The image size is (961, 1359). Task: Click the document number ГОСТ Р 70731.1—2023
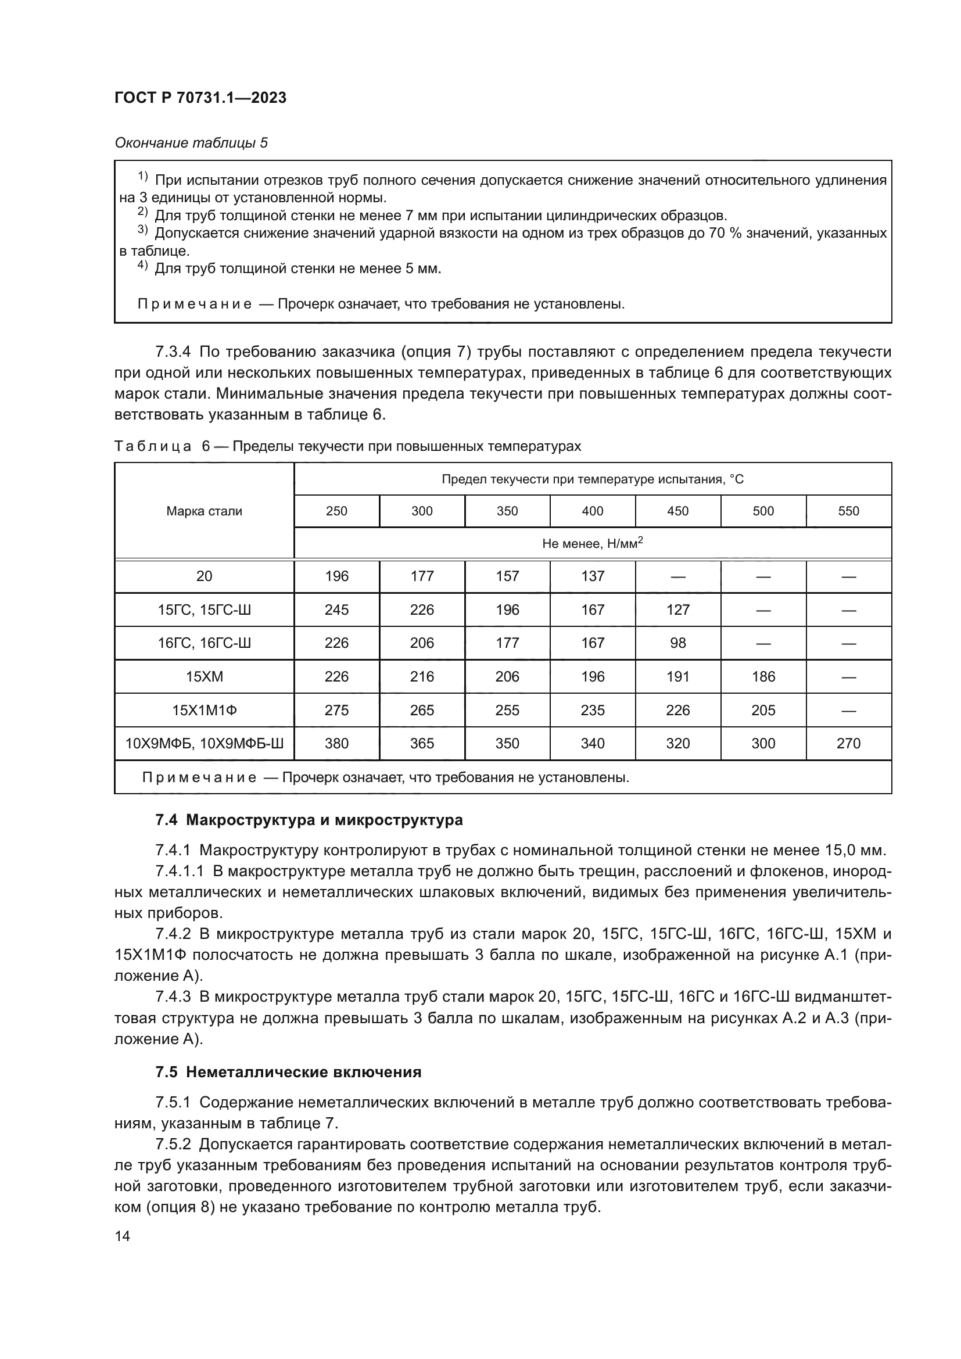[x=200, y=98]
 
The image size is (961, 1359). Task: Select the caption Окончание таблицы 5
[x=191, y=144]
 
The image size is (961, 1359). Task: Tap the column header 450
[x=677, y=511]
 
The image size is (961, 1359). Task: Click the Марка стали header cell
[x=204, y=511]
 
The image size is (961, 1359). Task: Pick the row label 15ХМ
[x=204, y=676]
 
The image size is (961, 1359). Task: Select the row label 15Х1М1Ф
[x=204, y=710]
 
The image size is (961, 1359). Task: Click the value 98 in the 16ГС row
[x=677, y=643]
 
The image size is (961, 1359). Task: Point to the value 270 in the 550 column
[x=848, y=744]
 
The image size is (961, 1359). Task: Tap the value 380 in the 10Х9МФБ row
[x=337, y=744]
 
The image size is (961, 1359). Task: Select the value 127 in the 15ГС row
[x=677, y=609]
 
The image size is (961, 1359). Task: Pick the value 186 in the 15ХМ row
[x=763, y=676]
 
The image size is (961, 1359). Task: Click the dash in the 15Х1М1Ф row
[x=848, y=711]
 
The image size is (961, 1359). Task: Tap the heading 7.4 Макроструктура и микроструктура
[x=309, y=820]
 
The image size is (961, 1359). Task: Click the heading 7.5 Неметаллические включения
[x=288, y=1073]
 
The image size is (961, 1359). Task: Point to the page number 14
[x=123, y=1236]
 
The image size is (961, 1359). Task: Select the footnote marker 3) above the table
[x=142, y=230]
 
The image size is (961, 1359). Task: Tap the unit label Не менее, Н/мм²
[x=592, y=543]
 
